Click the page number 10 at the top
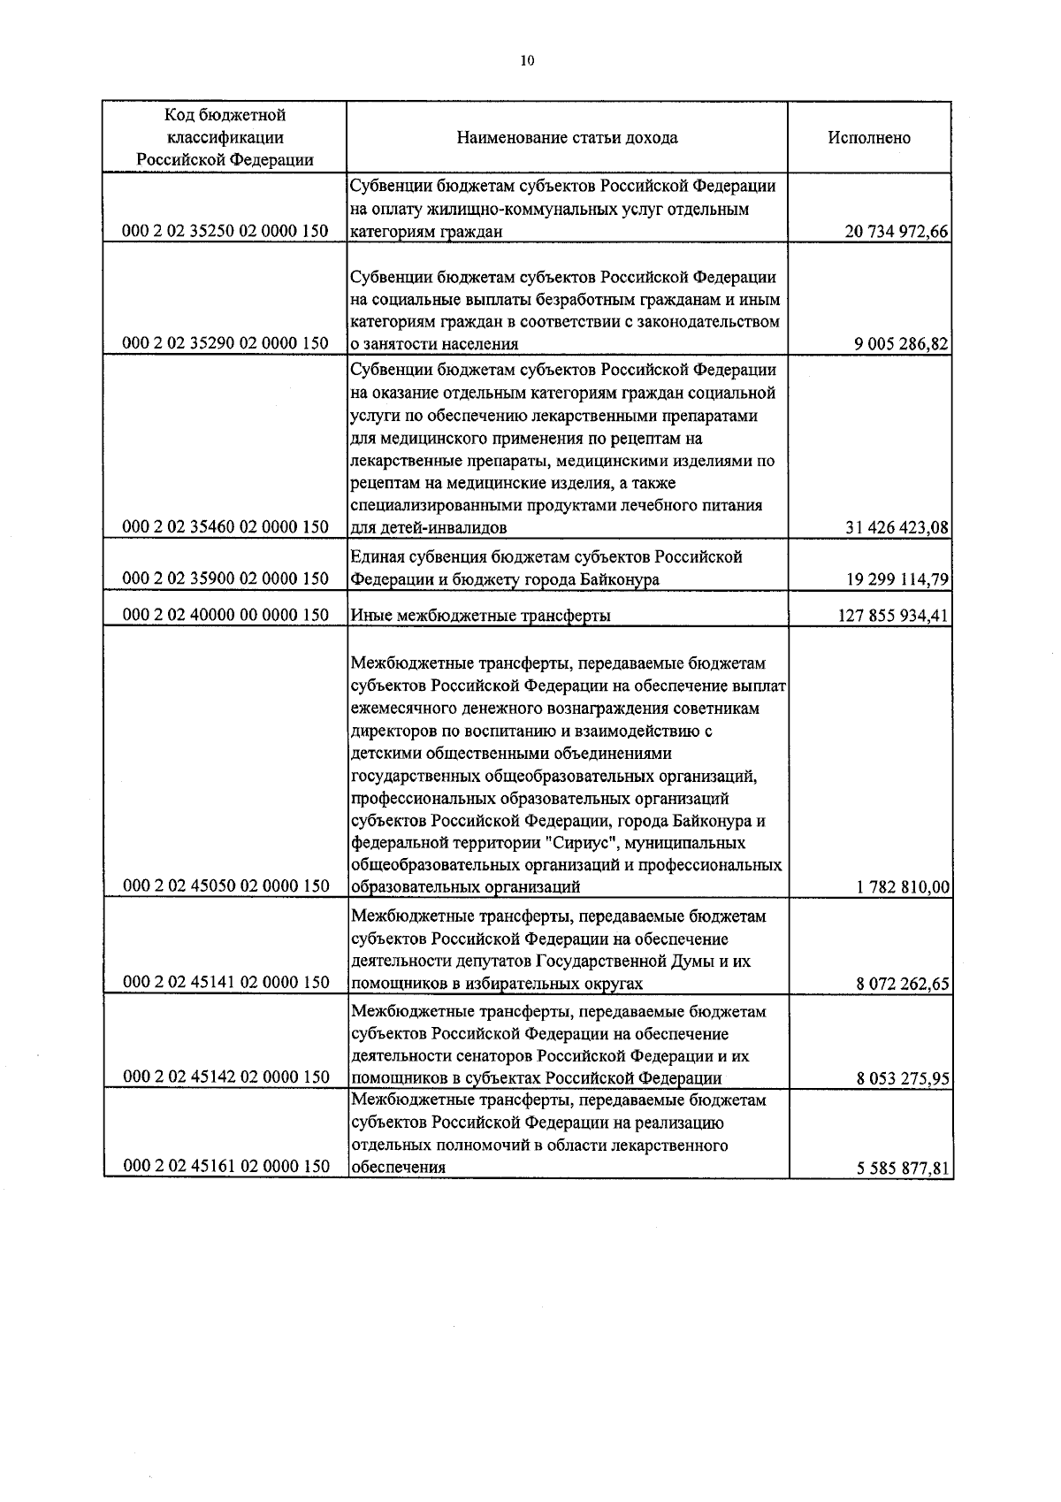(x=528, y=61)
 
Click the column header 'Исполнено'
(x=868, y=138)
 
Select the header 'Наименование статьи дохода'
(x=567, y=138)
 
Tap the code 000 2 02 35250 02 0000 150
(x=225, y=232)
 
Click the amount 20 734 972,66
(x=896, y=233)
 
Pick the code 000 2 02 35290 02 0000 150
(x=225, y=343)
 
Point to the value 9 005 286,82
(x=901, y=344)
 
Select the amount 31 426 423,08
(x=896, y=528)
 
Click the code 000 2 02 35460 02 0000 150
(x=225, y=527)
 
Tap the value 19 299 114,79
(x=896, y=580)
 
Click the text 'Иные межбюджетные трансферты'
(x=480, y=616)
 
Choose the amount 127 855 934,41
(x=892, y=616)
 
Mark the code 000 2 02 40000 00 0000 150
(x=225, y=615)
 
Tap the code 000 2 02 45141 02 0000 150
(x=225, y=982)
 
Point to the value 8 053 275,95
(x=901, y=1078)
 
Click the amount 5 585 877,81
(x=901, y=1169)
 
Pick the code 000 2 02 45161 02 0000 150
(x=225, y=1167)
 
